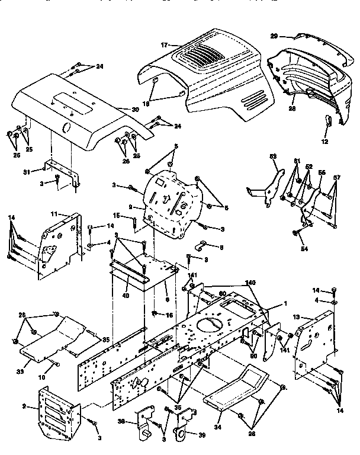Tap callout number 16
tap(168, 315)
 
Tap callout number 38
tap(120, 422)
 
